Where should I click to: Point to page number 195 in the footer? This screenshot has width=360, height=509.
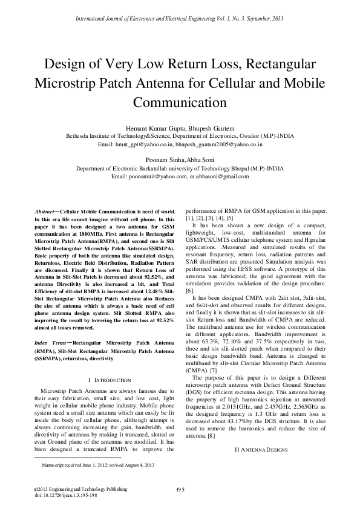point(180,488)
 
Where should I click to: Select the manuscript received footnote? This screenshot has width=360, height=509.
point(97,465)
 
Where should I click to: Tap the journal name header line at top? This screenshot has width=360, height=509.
point(180,19)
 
